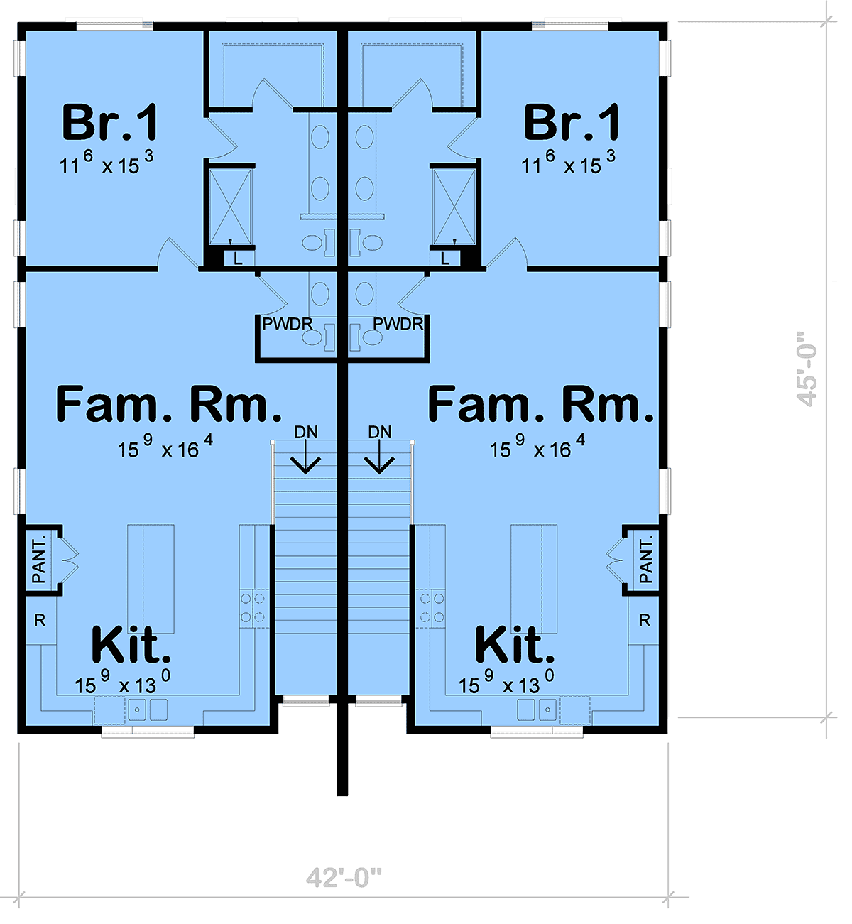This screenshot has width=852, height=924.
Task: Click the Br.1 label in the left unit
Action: click(x=110, y=122)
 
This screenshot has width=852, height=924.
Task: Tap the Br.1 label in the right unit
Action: click(x=572, y=122)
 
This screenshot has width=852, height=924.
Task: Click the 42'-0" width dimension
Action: click(x=344, y=876)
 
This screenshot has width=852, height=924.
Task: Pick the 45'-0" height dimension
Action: click(x=807, y=369)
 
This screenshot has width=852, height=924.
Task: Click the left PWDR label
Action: click(x=287, y=324)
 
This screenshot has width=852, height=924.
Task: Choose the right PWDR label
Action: click(x=398, y=324)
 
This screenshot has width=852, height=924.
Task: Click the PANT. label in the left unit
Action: click(x=39, y=560)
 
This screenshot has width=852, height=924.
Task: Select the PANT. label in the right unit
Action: click(x=646, y=560)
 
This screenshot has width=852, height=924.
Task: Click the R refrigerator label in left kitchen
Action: click(x=40, y=620)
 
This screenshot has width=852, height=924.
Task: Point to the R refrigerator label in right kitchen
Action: click(x=645, y=620)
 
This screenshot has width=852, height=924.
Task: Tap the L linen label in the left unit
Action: click(x=238, y=259)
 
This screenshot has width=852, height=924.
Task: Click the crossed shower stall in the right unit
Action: click(x=454, y=207)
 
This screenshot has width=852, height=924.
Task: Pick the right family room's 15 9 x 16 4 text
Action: click(x=537, y=447)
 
